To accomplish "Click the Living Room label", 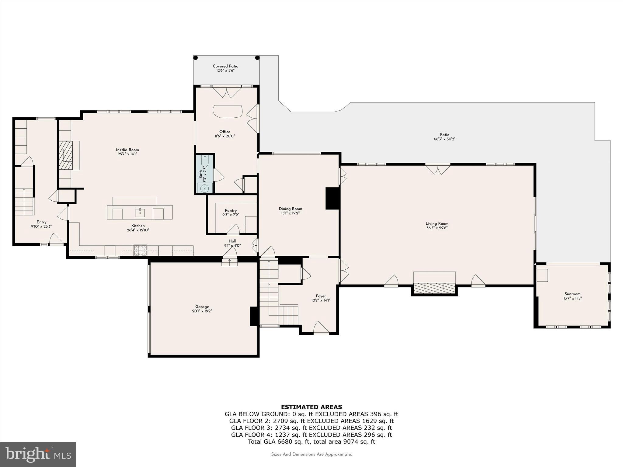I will click(x=437, y=223).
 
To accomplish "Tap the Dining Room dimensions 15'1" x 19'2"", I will click(x=290, y=213).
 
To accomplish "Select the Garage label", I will click(x=202, y=307).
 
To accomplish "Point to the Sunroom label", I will click(x=572, y=294).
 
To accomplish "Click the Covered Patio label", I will click(x=225, y=66).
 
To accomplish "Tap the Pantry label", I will click(x=231, y=210).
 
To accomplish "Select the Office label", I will click(x=224, y=132).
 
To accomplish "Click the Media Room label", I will click(x=127, y=150).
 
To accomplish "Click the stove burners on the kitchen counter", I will click(x=140, y=250).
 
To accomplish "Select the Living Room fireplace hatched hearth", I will click(x=434, y=287).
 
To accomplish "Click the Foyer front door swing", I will click(x=321, y=328).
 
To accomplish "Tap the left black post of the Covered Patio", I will click(x=196, y=58).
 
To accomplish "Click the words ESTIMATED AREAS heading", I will click(x=311, y=407).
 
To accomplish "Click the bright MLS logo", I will click(x=38, y=454).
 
